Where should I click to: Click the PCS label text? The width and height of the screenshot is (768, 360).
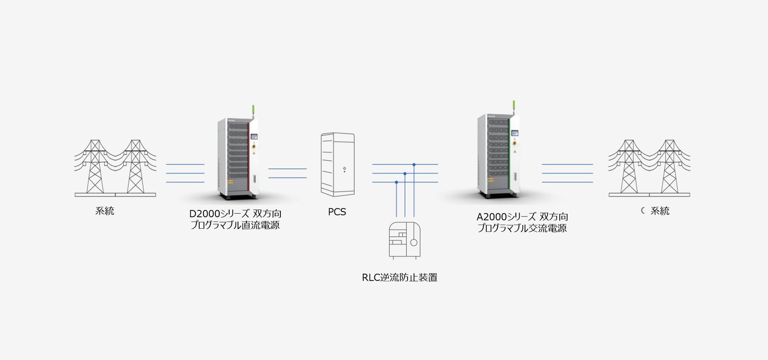[x=337, y=212]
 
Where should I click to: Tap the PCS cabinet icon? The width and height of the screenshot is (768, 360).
[x=338, y=164]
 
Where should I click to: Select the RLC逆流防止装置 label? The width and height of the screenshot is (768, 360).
[x=399, y=278]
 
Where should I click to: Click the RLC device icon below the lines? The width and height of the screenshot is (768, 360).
[x=404, y=240]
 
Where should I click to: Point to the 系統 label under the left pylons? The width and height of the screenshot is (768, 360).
[x=105, y=211]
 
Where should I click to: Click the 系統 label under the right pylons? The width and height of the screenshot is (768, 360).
[x=660, y=211]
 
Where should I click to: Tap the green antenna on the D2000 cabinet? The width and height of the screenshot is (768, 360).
[x=253, y=109]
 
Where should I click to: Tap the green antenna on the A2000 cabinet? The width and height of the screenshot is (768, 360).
[x=514, y=105]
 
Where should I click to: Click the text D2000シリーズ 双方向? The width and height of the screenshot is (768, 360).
[x=235, y=214]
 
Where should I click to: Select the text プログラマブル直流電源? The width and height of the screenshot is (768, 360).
[x=235, y=225]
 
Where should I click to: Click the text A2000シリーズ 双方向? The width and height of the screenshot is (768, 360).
[x=522, y=217]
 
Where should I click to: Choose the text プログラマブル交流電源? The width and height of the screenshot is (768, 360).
[x=522, y=228]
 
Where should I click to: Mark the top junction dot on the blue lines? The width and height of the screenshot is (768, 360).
[x=414, y=164]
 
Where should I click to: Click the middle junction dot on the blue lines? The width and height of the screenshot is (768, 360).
[x=405, y=174]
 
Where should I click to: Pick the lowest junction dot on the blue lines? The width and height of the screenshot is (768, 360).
[x=396, y=182]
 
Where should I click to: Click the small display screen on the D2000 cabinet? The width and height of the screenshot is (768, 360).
[x=254, y=137]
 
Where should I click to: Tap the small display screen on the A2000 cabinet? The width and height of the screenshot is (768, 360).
[x=515, y=133]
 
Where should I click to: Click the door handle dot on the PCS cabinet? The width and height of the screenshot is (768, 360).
[x=344, y=169]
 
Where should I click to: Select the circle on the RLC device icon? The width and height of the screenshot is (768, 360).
[x=414, y=242]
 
